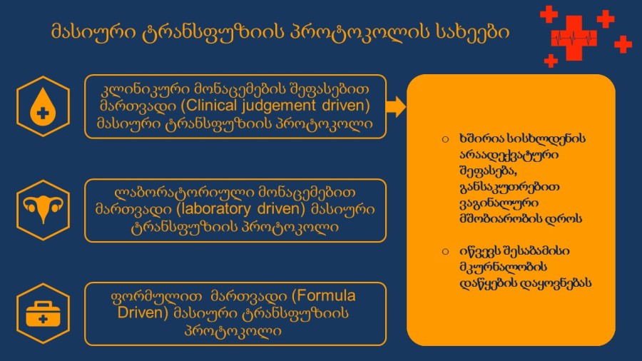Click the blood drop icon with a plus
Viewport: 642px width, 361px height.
pyautogui.click(x=43, y=106)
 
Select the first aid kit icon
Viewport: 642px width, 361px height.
pyautogui.click(x=43, y=314)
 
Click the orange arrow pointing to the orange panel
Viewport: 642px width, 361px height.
pyautogui.click(x=395, y=107)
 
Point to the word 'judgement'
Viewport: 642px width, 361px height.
pyautogui.click(x=278, y=106)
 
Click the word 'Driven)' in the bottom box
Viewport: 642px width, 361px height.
pyautogui.click(x=143, y=312)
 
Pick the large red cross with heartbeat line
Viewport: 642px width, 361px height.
pyautogui.click(x=574, y=38)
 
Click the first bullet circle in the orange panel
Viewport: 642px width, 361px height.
pyautogui.click(x=445, y=140)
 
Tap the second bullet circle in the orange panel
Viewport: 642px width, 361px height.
pyautogui.click(x=445, y=251)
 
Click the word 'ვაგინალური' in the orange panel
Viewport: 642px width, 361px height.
pyautogui.click(x=499, y=203)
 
